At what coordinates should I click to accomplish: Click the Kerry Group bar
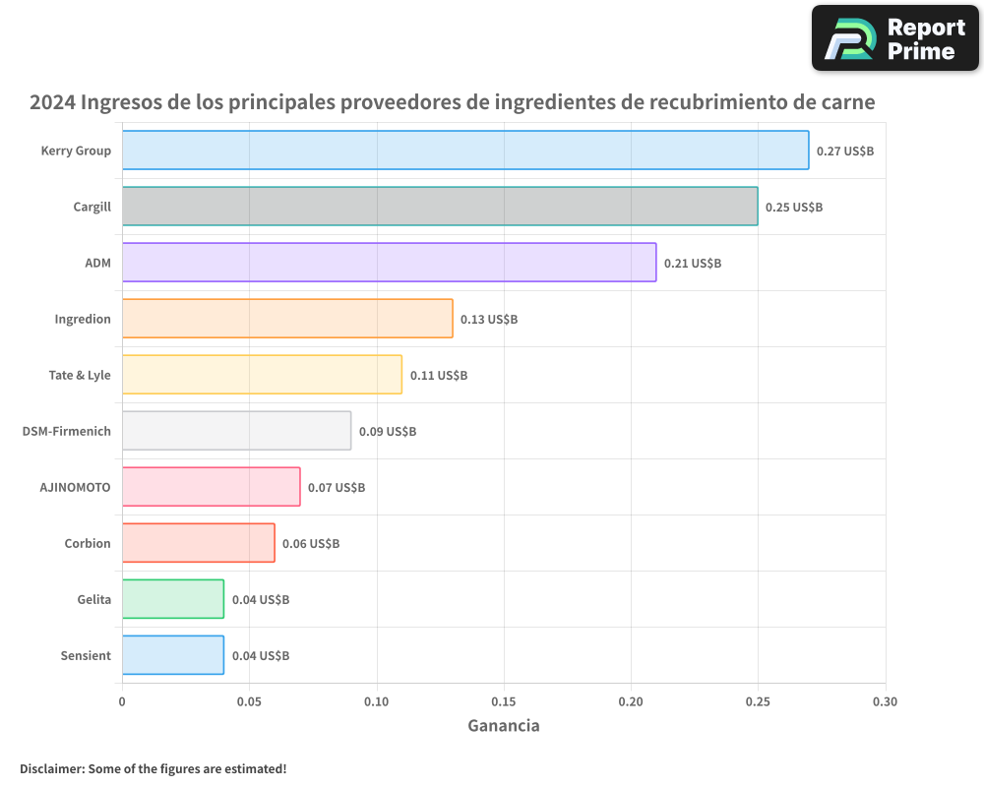pos(465,151)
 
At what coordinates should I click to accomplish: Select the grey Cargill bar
pos(440,207)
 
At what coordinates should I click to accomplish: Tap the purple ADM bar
pos(389,263)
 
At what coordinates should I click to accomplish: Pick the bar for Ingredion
pos(287,319)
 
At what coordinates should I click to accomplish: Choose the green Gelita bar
pos(173,599)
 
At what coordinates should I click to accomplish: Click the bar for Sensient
pos(173,655)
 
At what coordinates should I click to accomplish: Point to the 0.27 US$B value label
pos(845,151)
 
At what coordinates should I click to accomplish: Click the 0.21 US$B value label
pos(693,264)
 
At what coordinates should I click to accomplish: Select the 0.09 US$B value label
pos(388,432)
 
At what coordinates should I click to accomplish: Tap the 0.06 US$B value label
pos(311,544)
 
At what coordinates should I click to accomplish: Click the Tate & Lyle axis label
pos(80,375)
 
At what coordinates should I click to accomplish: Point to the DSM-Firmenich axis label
pos(66,431)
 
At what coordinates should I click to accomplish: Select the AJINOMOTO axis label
pos(75,487)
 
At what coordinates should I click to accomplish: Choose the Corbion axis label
pos(88,543)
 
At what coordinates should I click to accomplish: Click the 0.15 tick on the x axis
pos(504,702)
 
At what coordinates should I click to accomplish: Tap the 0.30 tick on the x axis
pos(885,702)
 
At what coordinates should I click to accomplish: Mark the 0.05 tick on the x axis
pos(249,702)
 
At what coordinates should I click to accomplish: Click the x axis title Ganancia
pos(503,726)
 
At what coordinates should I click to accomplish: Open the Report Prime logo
pos(895,38)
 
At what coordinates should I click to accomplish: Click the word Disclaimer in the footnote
pos(51,768)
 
